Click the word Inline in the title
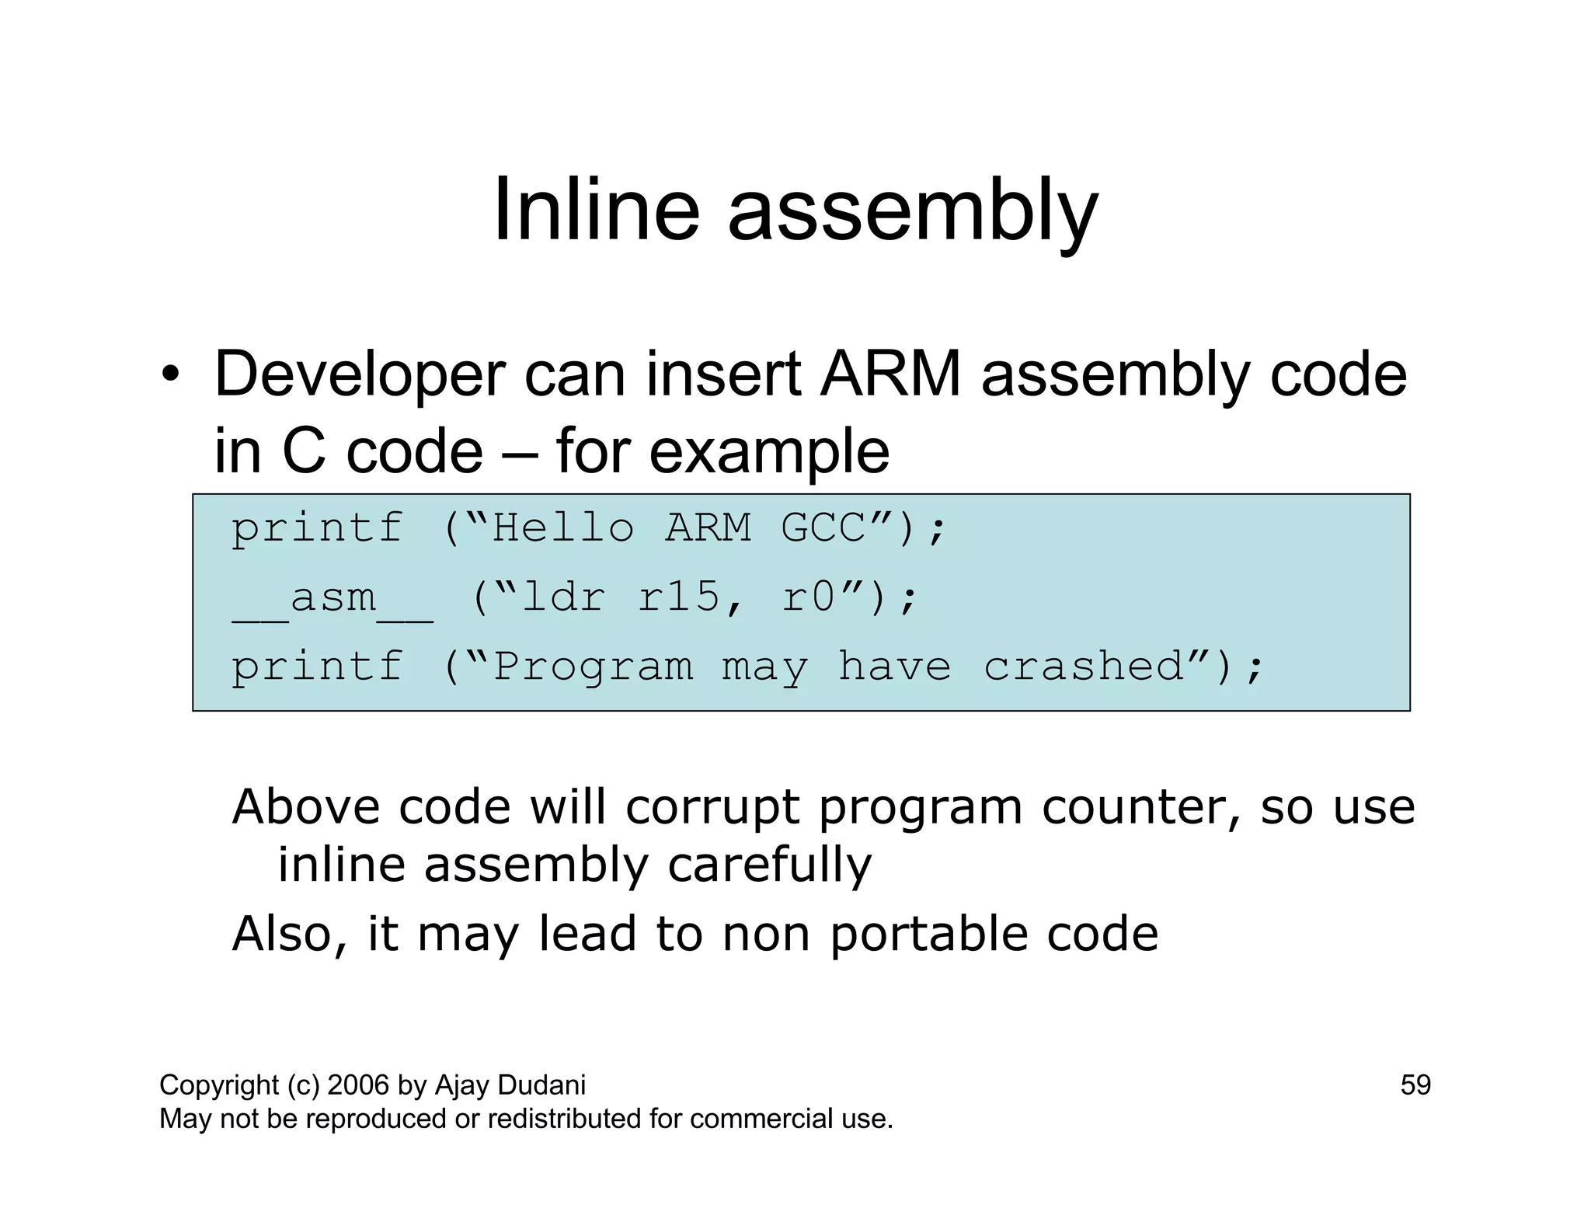597,211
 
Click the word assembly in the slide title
912,211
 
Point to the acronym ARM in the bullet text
890,375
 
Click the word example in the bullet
769,452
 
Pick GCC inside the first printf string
823,528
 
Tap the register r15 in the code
680,598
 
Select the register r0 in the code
809,598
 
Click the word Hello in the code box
563,528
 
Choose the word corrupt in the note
712,808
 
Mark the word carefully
769,865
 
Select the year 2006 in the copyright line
359,1085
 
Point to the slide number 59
1415,1085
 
